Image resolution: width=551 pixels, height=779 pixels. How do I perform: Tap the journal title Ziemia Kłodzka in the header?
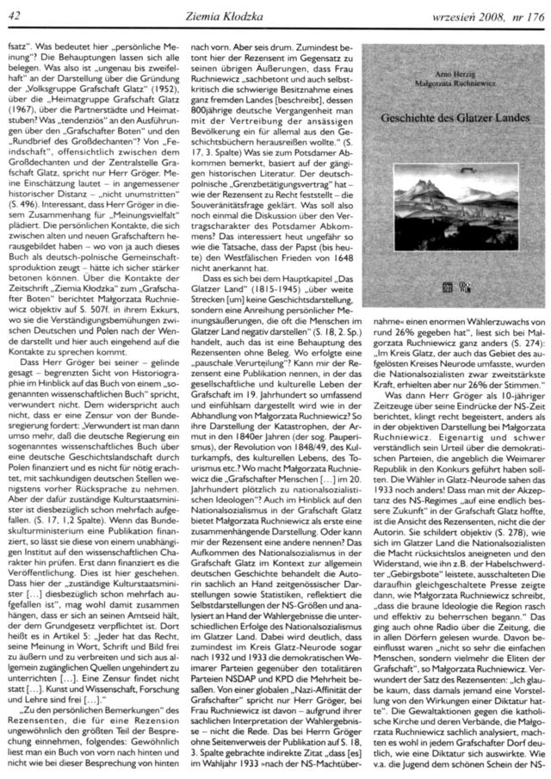274,9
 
